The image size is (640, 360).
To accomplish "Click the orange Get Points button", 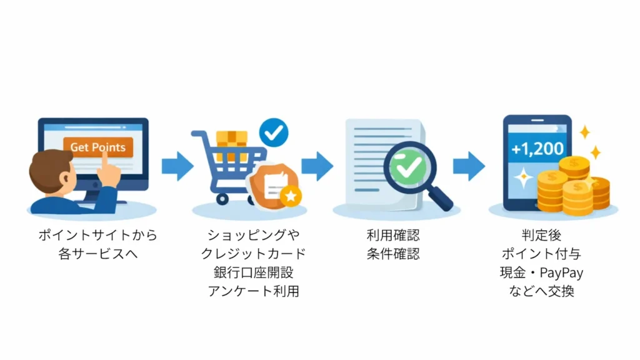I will pyautogui.click(x=98, y=147).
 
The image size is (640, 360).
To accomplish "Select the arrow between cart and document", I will pyautogui.click(x=317, y=166).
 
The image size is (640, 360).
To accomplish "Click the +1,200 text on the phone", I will pyautogui.click(x=537, y=149).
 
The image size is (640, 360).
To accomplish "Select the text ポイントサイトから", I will pyautogui.click(x=97, y=236).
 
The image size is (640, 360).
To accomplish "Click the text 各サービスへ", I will pyautogui.click(x=97, y=254).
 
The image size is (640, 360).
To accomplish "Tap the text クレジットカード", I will pyautogui.click(x=253, y=254).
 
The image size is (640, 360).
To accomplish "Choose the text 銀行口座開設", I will pyautogui.click(x=253, y=272).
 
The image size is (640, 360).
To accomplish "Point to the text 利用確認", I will pyautogui.click(x=393, y=236).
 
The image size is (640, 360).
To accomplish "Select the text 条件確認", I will pyautogui.click(x=393, y=254).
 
